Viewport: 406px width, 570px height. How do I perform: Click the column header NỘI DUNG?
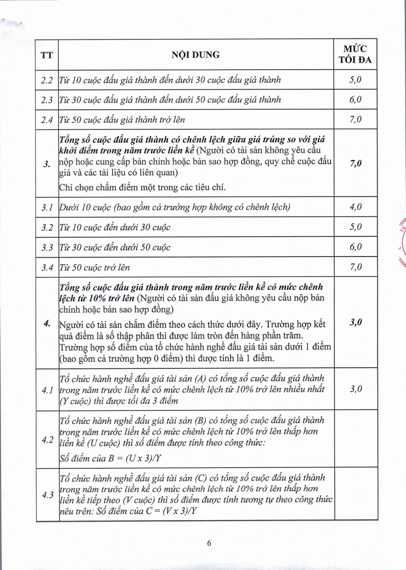195,54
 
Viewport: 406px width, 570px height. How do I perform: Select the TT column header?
47,54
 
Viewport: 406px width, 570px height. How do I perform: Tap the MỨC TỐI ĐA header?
355,54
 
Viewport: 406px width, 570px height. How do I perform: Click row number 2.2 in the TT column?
47,80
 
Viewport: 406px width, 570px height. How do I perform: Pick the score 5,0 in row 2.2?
355,80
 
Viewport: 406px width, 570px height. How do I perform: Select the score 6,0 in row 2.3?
355,100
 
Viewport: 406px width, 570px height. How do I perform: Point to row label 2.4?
47,120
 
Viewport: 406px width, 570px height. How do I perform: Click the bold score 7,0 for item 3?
355,163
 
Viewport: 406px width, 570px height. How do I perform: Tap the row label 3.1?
47,207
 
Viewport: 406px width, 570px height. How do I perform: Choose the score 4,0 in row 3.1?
355,207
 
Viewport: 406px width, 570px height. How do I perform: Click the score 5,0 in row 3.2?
355,227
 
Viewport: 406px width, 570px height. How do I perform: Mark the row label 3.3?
47,247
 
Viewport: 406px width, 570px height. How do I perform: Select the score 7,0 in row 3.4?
355,267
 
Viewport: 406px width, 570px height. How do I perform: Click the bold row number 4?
47,324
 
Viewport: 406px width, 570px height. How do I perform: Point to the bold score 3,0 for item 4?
355,322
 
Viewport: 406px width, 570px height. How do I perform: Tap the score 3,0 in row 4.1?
355,389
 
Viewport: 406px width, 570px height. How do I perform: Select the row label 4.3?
47,495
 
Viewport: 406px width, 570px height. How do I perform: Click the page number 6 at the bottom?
209,543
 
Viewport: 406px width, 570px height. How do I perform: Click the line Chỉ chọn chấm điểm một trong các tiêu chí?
142,187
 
